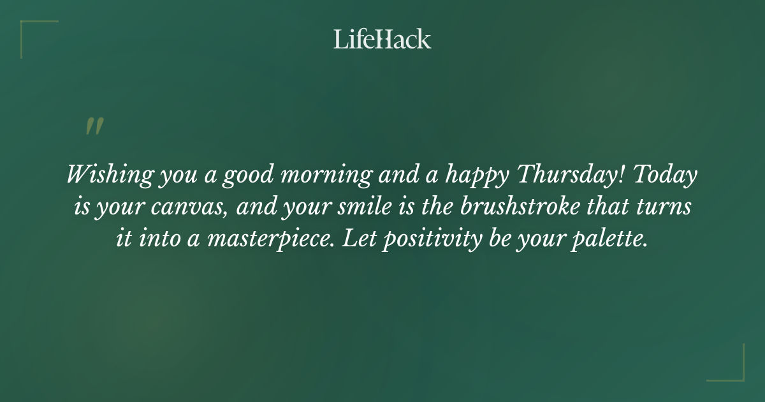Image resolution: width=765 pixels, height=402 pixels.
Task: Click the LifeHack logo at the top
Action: pyautogui.click(x=382, y=39)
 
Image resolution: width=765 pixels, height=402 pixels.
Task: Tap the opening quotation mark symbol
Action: pyautogui.click(x=94, y=126)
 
